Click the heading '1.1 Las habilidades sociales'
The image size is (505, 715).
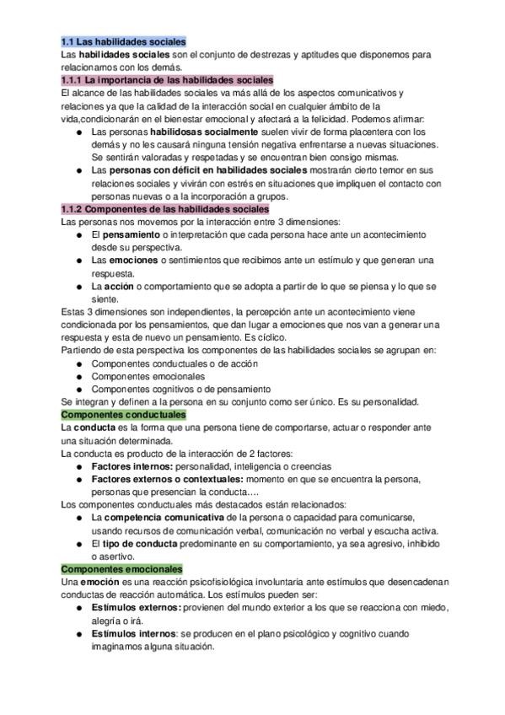123,41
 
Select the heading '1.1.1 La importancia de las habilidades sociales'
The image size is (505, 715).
166,79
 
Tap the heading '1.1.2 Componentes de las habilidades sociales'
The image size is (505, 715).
165,208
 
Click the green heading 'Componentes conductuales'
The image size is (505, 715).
123,415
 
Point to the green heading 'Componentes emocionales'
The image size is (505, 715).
122,570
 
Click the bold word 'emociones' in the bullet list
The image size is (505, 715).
135,261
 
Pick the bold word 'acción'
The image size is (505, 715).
126,287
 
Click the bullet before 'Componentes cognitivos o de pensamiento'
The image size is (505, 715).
78,390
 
